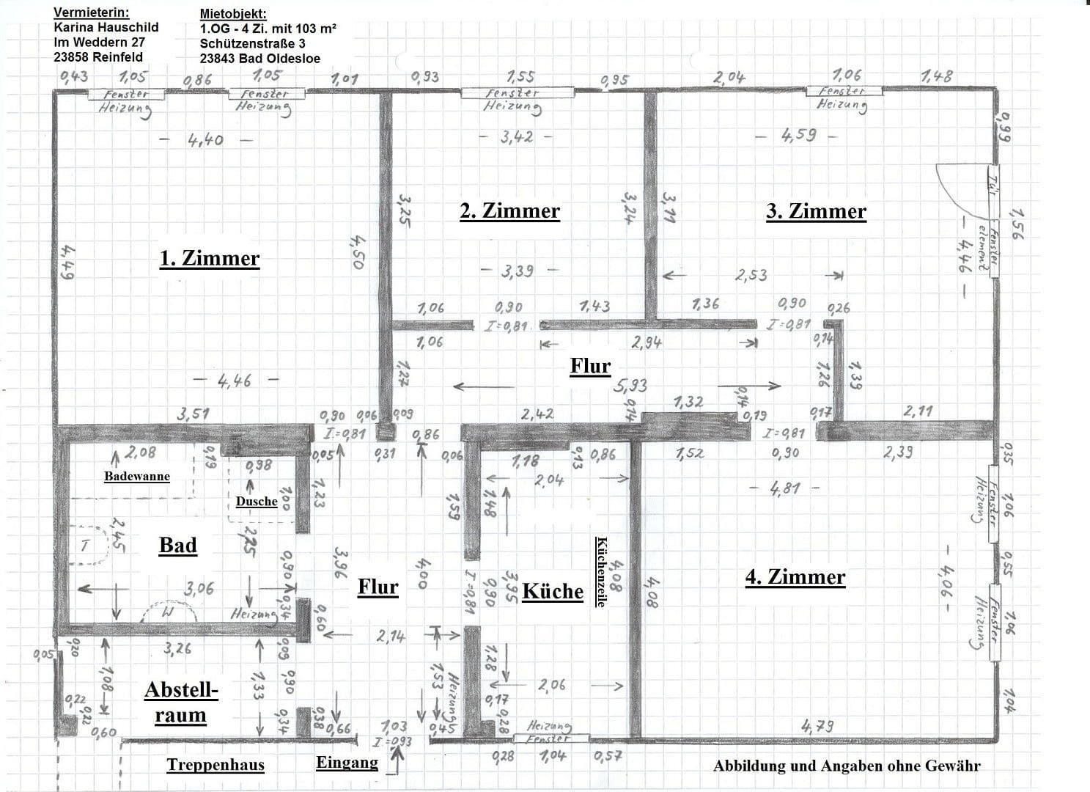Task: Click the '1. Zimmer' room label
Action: click(x=210, y=258)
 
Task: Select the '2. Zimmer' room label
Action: click(x=509, y=211)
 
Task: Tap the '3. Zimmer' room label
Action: click(x=816, y=211)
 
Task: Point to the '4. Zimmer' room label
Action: click(x=795, y=577)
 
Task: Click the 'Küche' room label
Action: click(x=553, y=591)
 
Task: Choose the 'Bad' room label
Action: click(x=177, y=545)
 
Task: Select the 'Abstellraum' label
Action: click(x=181, y=702)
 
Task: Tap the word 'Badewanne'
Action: click(x=136, y=476)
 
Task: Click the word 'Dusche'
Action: click(x=257, y=502)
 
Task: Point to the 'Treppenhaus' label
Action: click(x=216, y=765)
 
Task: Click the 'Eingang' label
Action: click(x=347, y=762)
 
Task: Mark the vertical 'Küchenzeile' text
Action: click(x=601, y=571)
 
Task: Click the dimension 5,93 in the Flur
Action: click(x=630, y=385)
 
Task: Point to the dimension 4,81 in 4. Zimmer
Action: click(x=784, y=488)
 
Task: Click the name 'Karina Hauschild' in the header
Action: click(x=106, y=27)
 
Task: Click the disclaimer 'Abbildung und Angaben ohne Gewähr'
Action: click(x=847, y=766)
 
